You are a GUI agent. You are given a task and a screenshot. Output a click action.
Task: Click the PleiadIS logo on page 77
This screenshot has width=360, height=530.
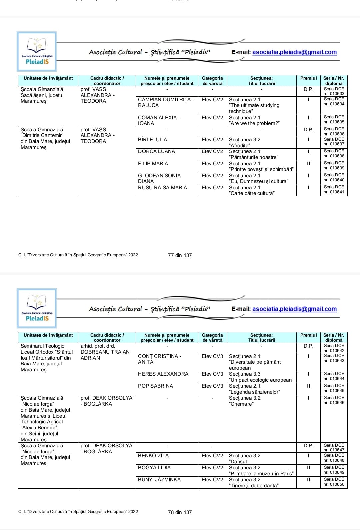(x=37, y=51)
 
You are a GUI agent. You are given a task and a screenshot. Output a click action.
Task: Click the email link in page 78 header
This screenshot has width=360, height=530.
(x=294, y=309)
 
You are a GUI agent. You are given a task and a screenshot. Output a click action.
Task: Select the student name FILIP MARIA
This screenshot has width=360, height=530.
(x=153, y=164)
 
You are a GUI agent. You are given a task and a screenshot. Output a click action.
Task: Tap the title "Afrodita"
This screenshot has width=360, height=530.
(x=240, y=145)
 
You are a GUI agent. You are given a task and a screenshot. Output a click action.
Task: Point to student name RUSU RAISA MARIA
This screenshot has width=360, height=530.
(x=163, y=188)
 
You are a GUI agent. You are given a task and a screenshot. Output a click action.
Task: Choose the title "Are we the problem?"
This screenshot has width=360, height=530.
(x=255, y=123)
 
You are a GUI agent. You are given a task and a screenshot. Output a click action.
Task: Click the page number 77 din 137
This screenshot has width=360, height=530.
(x=180, y=255)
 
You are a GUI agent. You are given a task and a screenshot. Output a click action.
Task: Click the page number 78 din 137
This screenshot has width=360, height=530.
(x=180, y=512)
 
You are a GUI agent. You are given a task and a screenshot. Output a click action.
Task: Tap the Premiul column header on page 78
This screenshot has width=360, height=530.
(x=308, y=335)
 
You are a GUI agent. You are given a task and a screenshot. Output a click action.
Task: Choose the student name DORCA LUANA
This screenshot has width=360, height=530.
(x=156, y=151)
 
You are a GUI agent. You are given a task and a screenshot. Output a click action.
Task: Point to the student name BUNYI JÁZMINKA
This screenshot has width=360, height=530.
(x=159, y=480)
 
